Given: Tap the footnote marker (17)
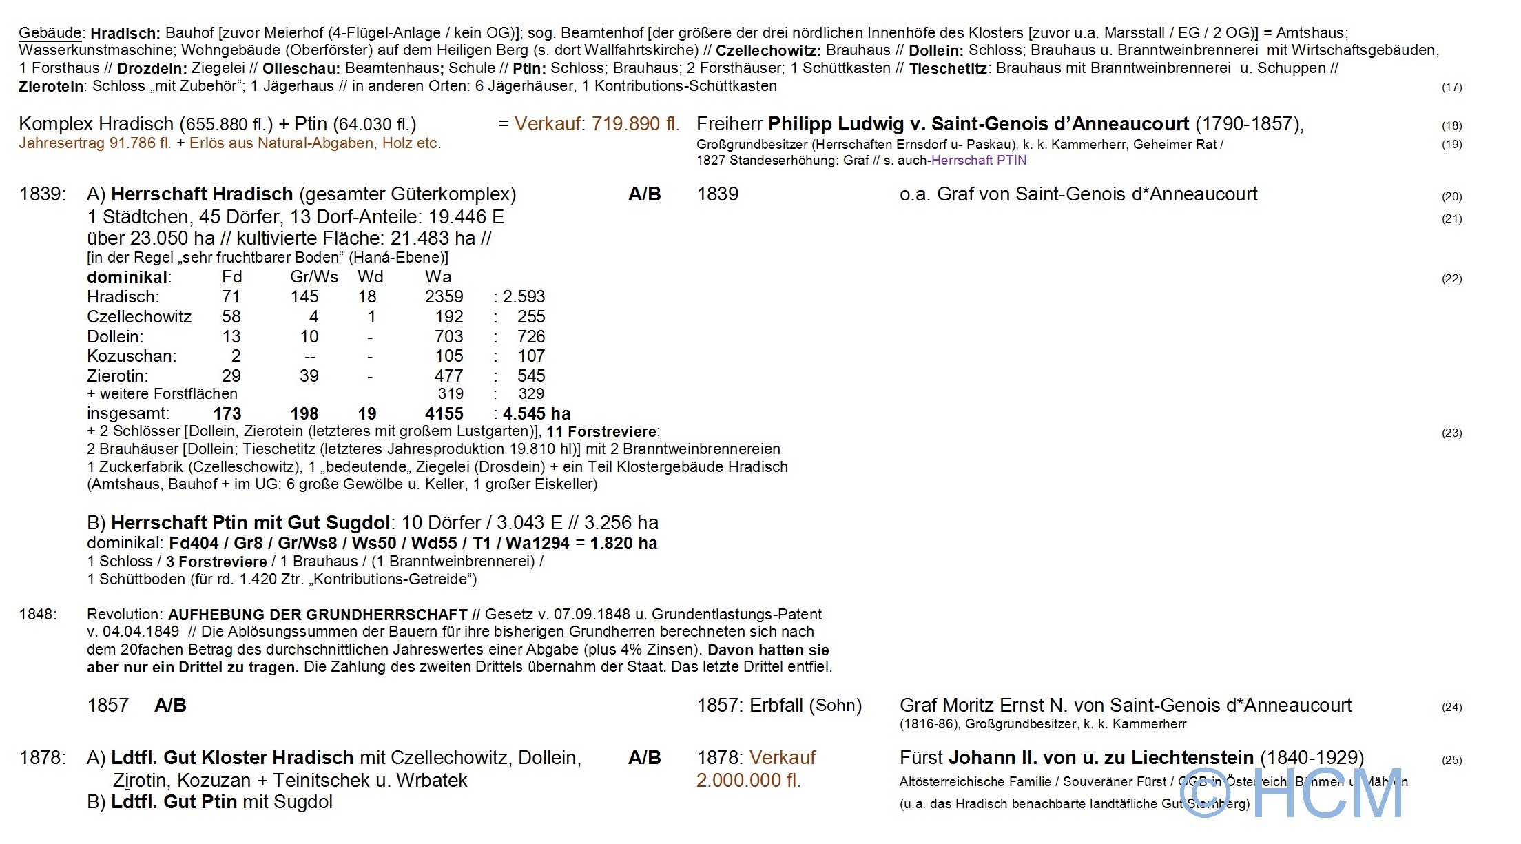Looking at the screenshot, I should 1451,87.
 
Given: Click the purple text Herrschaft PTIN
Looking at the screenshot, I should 978,161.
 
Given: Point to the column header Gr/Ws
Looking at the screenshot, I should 314,277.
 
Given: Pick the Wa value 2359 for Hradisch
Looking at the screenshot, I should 444,297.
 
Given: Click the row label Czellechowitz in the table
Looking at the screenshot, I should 139,317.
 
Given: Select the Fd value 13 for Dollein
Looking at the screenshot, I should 231,337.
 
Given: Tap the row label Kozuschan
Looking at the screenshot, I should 132,356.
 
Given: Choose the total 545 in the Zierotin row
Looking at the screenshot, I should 531,376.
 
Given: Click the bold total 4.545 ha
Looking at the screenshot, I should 537,414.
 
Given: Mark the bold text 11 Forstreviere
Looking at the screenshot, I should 602,432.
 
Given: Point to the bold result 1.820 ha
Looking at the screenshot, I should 623,544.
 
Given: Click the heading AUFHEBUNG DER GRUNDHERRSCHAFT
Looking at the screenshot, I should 318,615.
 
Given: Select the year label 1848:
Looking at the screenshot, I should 39,615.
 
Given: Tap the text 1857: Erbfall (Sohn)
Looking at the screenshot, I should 779,706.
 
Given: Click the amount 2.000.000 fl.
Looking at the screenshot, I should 748,781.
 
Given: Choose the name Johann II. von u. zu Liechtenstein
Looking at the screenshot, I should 1101,758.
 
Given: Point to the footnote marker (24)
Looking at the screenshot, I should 1451,707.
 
